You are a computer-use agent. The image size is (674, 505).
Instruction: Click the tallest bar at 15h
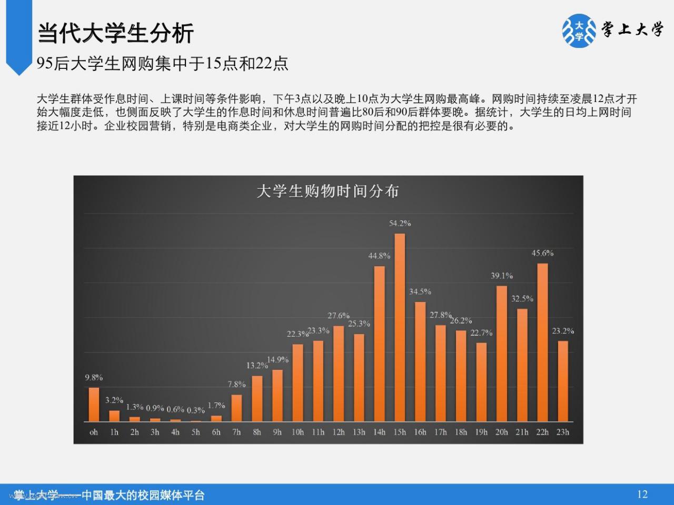coord(400,328)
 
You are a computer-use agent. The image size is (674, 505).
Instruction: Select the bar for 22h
coord(542,342)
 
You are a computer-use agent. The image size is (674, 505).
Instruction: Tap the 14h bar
coord(379,344)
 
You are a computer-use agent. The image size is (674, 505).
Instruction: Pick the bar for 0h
coord(94,405)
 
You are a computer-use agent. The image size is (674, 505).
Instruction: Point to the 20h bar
coord(501,354)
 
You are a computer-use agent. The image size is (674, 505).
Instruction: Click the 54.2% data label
coord(400,223)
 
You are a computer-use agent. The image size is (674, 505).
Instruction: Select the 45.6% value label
coord(542,253)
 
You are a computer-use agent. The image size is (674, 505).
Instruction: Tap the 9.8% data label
coord(94,378)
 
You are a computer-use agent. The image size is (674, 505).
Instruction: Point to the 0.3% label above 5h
coord(195,410)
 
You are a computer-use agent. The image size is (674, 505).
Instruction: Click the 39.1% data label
coord(502,276)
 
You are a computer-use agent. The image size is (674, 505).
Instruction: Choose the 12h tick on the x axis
coord(339,432)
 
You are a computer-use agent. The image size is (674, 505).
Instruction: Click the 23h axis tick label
coord(563,432)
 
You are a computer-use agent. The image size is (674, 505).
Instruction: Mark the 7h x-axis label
coord(236,432)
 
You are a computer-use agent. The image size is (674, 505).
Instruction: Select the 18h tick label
coord(461,432)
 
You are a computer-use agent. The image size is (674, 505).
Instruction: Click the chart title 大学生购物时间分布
coord(328,191)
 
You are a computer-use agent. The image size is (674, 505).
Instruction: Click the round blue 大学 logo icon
coord(579,31)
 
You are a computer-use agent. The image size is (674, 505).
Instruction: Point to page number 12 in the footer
coord(642,494)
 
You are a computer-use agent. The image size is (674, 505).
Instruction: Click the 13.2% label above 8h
coord(257,365)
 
